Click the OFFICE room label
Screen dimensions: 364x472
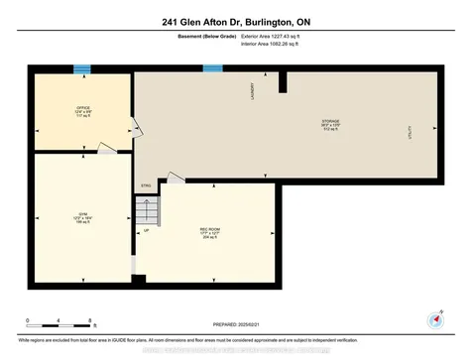[x=83, y=110]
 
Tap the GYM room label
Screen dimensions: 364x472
[x=83, y=215]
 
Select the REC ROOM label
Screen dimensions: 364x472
[x=210, y=232]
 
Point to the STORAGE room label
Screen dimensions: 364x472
[x=330, y=125]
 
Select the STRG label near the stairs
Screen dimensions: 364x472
[x=146, y=185]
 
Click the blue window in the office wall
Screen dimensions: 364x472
[x=83, y=68]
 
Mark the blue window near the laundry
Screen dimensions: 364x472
[x=212, y=68]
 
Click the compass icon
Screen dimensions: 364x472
[x=434, y=319]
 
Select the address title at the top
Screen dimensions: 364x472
[x=235, y=21]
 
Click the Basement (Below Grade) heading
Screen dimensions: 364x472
[x=193, y=40]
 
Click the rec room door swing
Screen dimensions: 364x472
[x=176, y=178]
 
